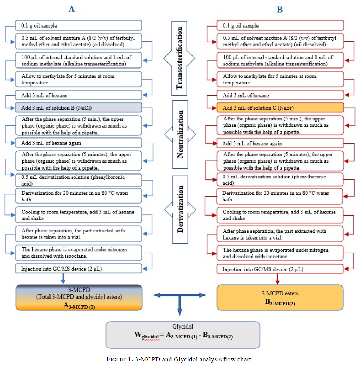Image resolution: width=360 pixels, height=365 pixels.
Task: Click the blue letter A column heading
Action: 71,9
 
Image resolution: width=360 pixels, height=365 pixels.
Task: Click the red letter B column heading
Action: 279,10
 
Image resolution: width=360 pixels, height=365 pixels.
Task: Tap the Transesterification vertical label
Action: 179,58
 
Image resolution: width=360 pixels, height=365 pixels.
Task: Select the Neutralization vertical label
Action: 180,134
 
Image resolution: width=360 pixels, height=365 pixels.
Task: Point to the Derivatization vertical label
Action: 180,209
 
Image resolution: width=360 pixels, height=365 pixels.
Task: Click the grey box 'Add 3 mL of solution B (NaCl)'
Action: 78,107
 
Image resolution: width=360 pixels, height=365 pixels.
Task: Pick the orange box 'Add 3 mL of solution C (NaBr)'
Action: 280,107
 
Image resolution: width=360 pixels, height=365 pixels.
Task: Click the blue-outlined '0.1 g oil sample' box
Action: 78,25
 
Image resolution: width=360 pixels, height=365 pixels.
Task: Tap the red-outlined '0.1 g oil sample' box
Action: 280,25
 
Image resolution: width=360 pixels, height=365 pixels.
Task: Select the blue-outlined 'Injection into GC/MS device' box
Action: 78,269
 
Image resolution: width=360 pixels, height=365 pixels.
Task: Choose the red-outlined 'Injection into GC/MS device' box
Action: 280,269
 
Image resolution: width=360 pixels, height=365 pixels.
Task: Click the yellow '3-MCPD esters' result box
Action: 280,298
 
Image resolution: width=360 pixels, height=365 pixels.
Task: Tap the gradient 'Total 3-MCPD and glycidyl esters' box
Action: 79,298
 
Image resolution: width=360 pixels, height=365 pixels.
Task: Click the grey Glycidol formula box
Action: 183,335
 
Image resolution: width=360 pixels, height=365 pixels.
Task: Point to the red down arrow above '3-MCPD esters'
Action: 277,279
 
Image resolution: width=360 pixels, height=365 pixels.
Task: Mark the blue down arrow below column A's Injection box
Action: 63,279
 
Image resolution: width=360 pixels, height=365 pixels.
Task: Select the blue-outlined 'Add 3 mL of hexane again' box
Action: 78,143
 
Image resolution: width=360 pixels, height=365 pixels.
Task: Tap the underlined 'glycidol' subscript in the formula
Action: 151,337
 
